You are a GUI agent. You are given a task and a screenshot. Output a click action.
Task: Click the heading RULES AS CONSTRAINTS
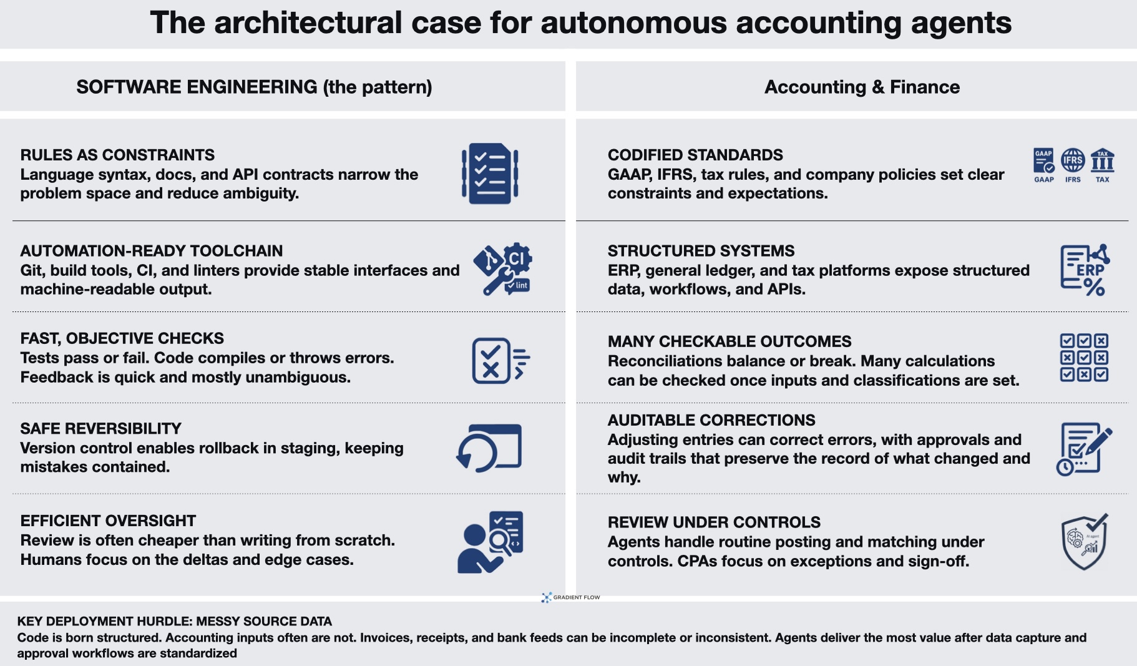(x=117, y=155)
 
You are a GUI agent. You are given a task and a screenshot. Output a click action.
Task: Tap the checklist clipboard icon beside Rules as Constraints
(x=490, y=174)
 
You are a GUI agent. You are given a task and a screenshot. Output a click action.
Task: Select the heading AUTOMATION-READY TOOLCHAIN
(x=151, y=251)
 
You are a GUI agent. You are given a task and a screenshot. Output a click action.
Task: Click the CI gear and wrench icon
(x=503, y=268)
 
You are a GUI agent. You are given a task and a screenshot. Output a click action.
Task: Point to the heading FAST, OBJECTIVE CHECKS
(x=122, y=338)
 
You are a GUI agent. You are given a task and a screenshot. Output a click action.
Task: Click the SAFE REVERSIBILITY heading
(x=100, y=429)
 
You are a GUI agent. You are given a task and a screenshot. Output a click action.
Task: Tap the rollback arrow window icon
(x=489, y=448)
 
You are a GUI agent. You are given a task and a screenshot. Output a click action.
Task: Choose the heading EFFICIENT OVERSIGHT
(x=108, y=521)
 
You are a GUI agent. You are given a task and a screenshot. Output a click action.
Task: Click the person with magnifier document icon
(x=490, y=542)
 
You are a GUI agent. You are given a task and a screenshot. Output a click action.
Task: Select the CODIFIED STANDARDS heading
(x=695, y=155)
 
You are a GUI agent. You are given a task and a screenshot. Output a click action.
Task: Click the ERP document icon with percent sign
(x=1085, y=270)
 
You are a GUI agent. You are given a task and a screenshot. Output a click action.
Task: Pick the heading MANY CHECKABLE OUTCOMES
(x=730, y=341)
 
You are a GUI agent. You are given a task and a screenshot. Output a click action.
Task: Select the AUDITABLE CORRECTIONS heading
(x=711, y=420)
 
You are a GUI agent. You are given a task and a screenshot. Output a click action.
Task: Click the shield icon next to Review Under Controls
(x=1085, y=542)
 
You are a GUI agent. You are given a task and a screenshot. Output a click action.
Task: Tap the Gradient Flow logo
(x=570, y=597)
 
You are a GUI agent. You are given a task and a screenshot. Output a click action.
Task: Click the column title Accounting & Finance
(x=862, y=87)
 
